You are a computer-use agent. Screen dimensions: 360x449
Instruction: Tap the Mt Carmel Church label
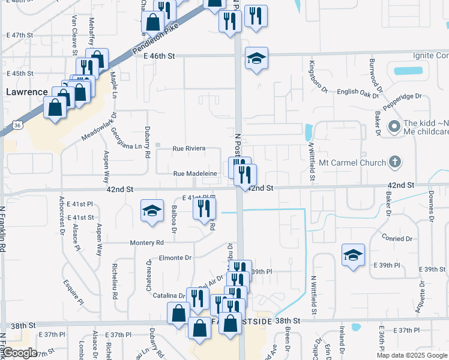click(x=355, y=162)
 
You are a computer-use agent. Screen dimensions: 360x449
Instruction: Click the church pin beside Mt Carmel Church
click(x=394, y=161)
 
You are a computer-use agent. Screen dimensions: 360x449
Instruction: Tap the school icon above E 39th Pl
click(x=354, y=254)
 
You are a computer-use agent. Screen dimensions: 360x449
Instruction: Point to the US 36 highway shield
click(x=18, y=125)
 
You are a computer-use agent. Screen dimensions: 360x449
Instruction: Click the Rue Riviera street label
click(x=189, y=148)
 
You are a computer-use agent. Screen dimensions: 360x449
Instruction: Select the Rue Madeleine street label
click(x=195, y=174)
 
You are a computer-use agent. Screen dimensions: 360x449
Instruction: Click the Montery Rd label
click(x=147, y=243)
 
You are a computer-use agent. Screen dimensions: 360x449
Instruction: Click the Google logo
click(x=20, y=353)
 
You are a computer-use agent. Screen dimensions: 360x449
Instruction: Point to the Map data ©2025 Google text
click(x=411, y=355)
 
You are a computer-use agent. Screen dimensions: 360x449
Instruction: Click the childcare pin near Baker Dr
click(x=394, y=127)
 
